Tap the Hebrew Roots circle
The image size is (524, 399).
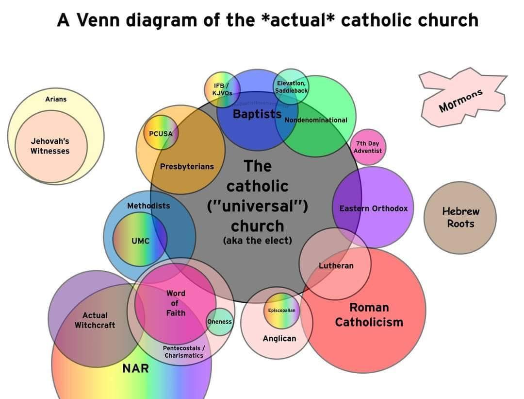(x=460, y=218)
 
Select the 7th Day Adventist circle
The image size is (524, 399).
(x=367, y=147)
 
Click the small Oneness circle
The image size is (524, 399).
(x=219, y=322)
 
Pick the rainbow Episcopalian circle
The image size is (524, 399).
(x=281, y=310)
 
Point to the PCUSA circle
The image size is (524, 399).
(x=161, y=133)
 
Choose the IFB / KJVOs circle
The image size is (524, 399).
(x=222, y=89)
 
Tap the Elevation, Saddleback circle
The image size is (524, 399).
(x=290, y=87)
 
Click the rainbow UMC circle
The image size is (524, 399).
(x=140, y=240)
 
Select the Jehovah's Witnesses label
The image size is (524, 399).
(x=50, y=146)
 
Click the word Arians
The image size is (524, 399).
(x=56, y=99)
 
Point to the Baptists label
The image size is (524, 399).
(x=257, y=114)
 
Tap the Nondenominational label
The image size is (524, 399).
(x=316, y=120)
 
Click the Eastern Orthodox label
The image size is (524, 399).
(x=374, y=208)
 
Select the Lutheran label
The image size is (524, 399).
(x=336, y=265)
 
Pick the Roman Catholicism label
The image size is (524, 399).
(x=369, y=314)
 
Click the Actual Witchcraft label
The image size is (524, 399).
(x=95, y=320)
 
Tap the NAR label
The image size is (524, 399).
(x=135, y=368)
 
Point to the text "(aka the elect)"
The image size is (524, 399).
(x=257, y=241)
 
